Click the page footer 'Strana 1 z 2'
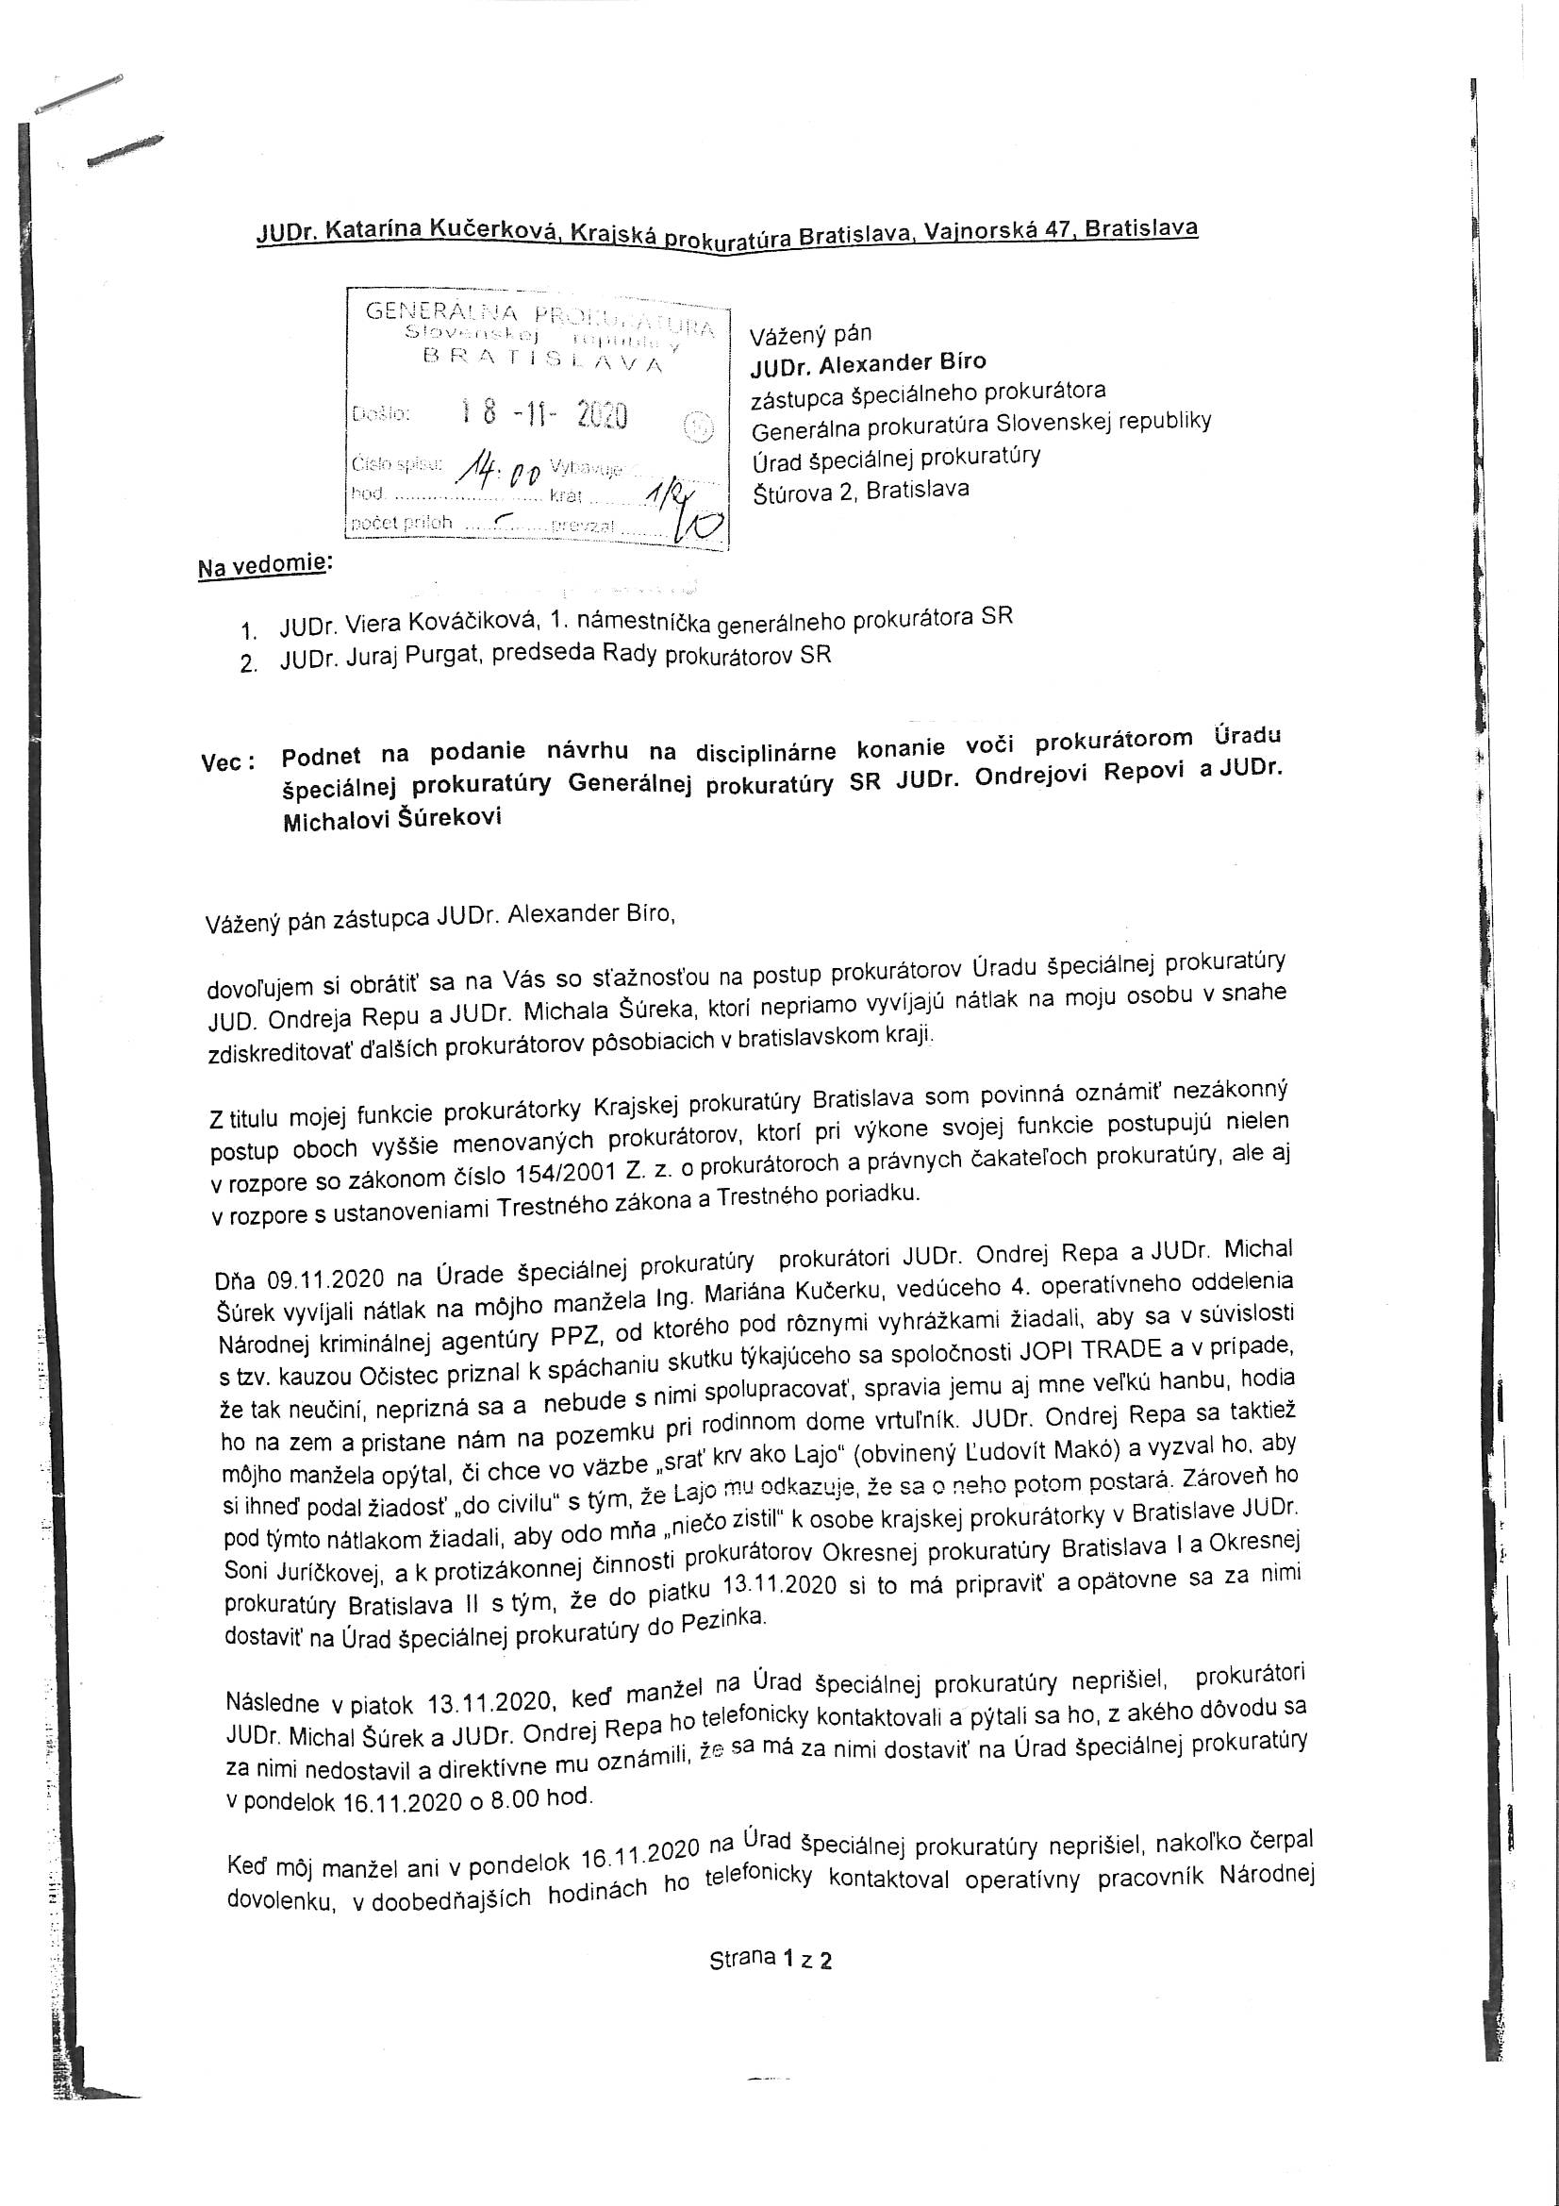click(771, 1959)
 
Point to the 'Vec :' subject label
click(228, 762)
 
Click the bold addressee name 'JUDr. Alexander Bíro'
click(869, 362)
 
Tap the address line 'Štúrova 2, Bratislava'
click(861, 490)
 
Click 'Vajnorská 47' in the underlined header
click(992, 231)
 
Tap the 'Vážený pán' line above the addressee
click(811, 333)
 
